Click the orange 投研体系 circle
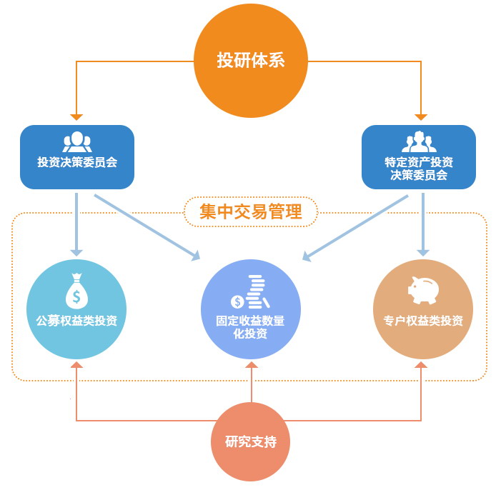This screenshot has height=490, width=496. point(250,60)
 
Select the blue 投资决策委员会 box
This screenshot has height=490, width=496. point(77,156)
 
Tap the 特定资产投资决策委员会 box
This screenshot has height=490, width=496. point(419,156)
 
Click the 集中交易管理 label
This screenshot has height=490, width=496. point(250,211)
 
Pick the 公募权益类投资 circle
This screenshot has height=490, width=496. point(76,309)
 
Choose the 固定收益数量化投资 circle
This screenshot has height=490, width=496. point(250,309)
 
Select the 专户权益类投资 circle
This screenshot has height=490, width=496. point(422,309)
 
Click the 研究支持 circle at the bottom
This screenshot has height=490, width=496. point(250,441)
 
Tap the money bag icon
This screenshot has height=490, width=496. point(76,290)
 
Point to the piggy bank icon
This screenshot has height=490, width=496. point(423,288)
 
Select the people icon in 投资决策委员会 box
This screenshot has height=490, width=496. point(77,141)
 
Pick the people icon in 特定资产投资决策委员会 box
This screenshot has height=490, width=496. point(419,141)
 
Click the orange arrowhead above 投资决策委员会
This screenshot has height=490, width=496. point(76,116)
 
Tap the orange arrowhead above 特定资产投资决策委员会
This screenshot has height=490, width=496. point(422,116)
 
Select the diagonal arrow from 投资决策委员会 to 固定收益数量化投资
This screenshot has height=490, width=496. point(147,225)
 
